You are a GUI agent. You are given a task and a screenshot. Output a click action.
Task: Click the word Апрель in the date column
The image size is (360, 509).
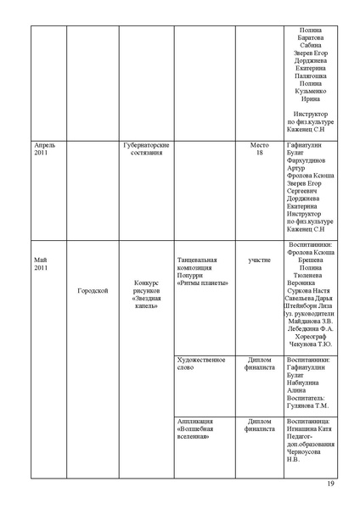click(x=45, y=145)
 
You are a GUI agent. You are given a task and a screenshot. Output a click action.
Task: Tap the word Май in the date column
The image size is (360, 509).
click(x=41, y=259)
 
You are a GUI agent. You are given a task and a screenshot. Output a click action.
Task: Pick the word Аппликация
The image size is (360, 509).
click(x=195, y=421)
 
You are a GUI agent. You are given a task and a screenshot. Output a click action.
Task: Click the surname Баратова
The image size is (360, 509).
click(x=311, y=37)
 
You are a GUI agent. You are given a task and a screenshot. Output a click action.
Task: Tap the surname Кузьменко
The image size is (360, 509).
click(x=311, y=91)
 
